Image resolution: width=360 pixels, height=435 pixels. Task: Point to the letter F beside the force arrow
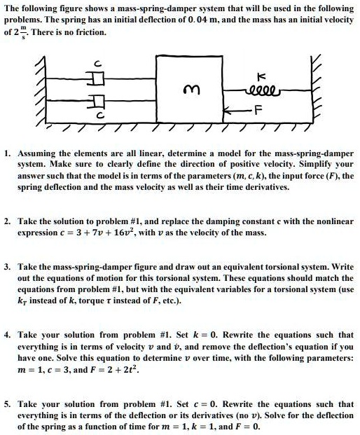pyautogui.click(x=258, y=111)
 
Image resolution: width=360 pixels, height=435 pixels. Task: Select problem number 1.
pyautogui.click(x=7, y=152)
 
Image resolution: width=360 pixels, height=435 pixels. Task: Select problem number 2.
pyautogui.click(x=7, y=221)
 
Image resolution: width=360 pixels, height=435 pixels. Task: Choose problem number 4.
pyautogui.click(x=7, y=336)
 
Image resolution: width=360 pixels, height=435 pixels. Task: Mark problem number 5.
pyautogui.click(x=7, y=404)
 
